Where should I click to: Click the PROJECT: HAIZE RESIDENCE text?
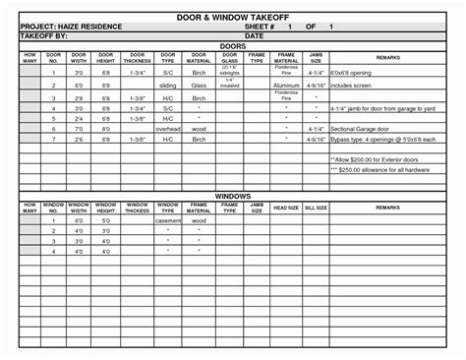(x=78, y=27)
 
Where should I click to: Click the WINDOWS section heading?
(x=233, y=196)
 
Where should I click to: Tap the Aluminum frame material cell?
(x=286, y=86)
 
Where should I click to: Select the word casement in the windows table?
(x=169, y=221)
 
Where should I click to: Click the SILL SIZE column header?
(x=315, y=209)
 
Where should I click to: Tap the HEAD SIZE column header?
(x=286, y=209)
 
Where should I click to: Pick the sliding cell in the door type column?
(x=169, y=86)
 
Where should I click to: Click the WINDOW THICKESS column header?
(x=138, y=209)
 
